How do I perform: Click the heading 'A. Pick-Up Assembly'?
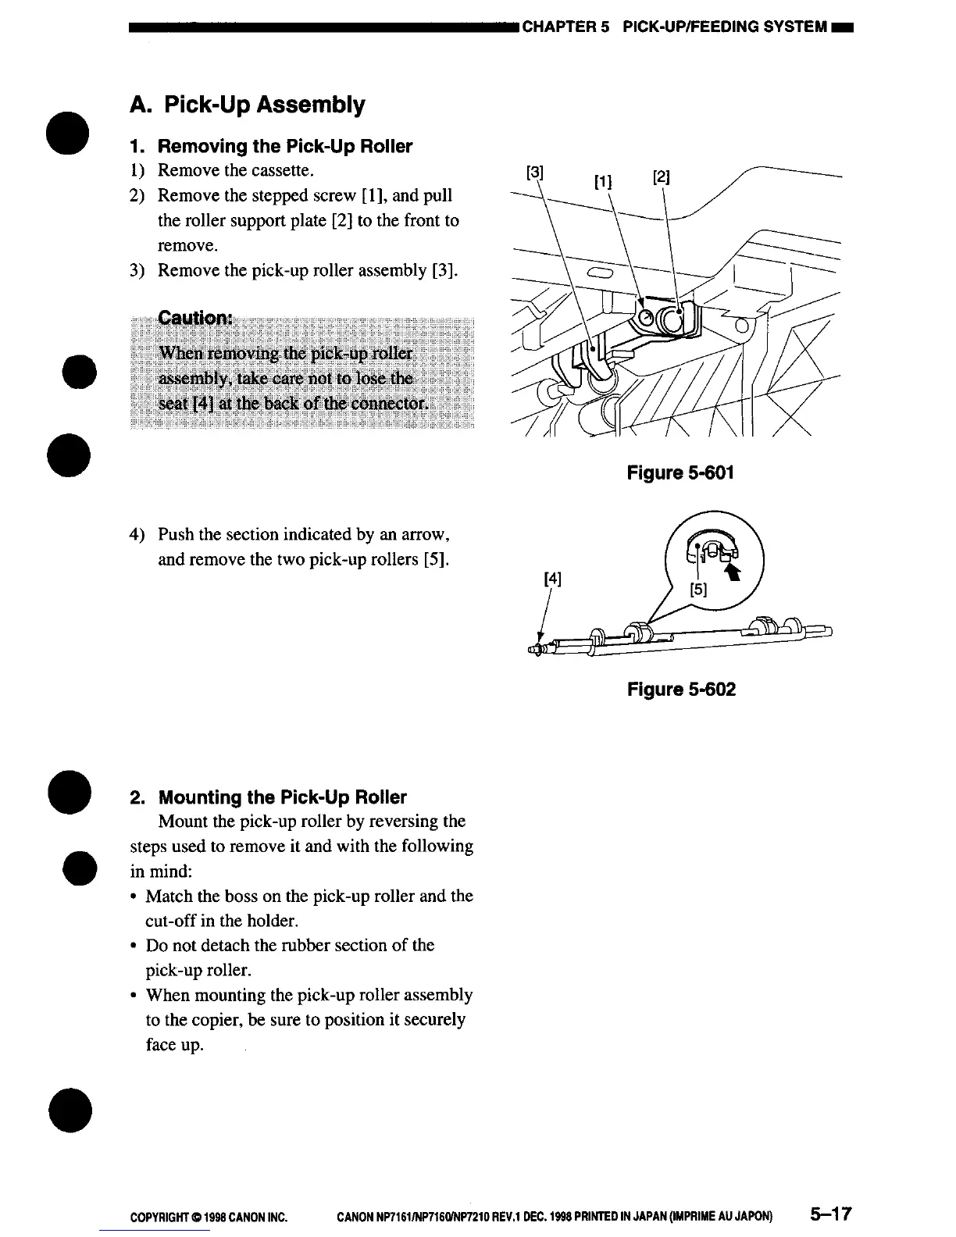coord(247,105)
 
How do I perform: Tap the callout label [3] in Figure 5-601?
coord(534,170)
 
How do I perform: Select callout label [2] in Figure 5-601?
coord(661,176)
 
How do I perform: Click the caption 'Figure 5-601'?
coord(680,473)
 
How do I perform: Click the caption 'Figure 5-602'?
coord(680,690)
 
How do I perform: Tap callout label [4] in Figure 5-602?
coord(552,579)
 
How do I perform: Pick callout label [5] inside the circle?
coord(699,590)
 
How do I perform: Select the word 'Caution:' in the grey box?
coord(195,319)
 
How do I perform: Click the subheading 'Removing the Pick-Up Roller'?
coord(284,147)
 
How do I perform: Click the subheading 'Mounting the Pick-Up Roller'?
coord(282,797)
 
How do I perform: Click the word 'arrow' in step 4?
coord(422,535)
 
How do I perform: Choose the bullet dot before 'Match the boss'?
coord(135,897)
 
